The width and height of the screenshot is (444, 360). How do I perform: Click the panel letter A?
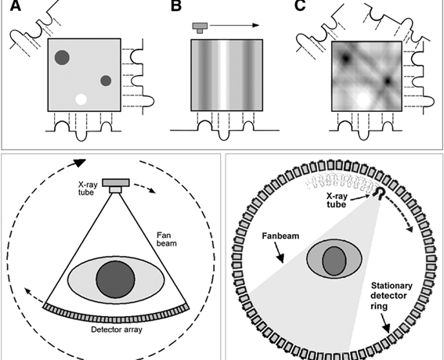[x=16, y=5]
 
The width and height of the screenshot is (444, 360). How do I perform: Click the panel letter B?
[x=176, y=5]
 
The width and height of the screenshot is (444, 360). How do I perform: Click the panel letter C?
[x=300, y=5]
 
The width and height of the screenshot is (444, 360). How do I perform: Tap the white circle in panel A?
[x=81, y=99]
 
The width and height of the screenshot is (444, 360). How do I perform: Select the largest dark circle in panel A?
[x=62, y=57]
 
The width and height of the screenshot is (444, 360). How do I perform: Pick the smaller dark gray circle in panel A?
[x=106, y=81]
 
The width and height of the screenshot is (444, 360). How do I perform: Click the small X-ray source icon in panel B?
[x=200, y=27]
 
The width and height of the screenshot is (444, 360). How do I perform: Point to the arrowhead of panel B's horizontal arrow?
[x=256, y=25]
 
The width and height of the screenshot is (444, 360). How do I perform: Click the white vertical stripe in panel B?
[x=223, y=75]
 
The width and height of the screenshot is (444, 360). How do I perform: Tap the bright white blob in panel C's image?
[x=363, y=99]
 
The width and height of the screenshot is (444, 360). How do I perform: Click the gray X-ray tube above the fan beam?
[x=116, y=185]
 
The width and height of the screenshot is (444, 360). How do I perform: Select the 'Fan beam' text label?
[x=167, y=239]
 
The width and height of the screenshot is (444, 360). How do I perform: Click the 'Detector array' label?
[x=117, y=329]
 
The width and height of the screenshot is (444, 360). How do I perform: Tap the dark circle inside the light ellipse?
[x=116, y=279]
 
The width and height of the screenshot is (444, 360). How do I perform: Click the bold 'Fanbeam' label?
[x=280, y=236]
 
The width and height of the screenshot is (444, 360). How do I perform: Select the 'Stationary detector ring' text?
[x=392, y=296]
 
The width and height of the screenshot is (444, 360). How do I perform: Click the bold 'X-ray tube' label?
[x=337, y=200]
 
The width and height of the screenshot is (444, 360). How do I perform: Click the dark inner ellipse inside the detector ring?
[x=334, y=261]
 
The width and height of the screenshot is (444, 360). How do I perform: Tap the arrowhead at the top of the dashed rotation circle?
[x=80, y=163]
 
